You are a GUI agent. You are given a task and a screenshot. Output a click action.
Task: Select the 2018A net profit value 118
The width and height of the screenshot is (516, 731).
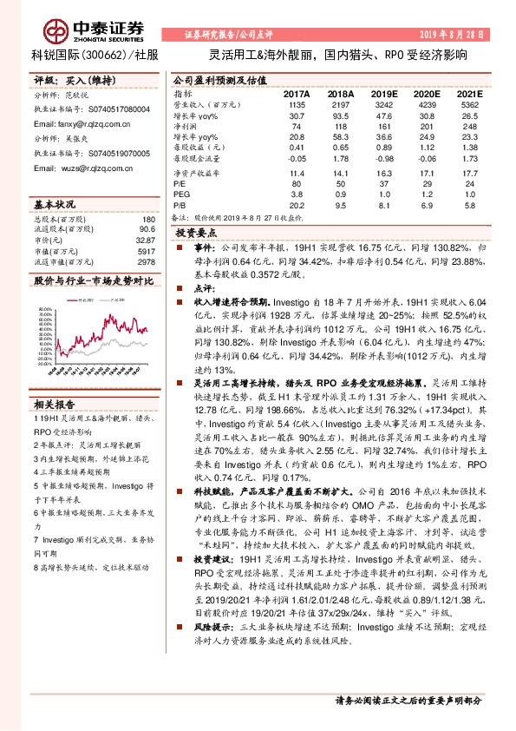tap(339, 126)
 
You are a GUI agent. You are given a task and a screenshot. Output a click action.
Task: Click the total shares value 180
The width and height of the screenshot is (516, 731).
tap(148, 220)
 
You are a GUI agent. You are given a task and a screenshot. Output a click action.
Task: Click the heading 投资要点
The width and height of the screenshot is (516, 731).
tap(195, 234)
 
